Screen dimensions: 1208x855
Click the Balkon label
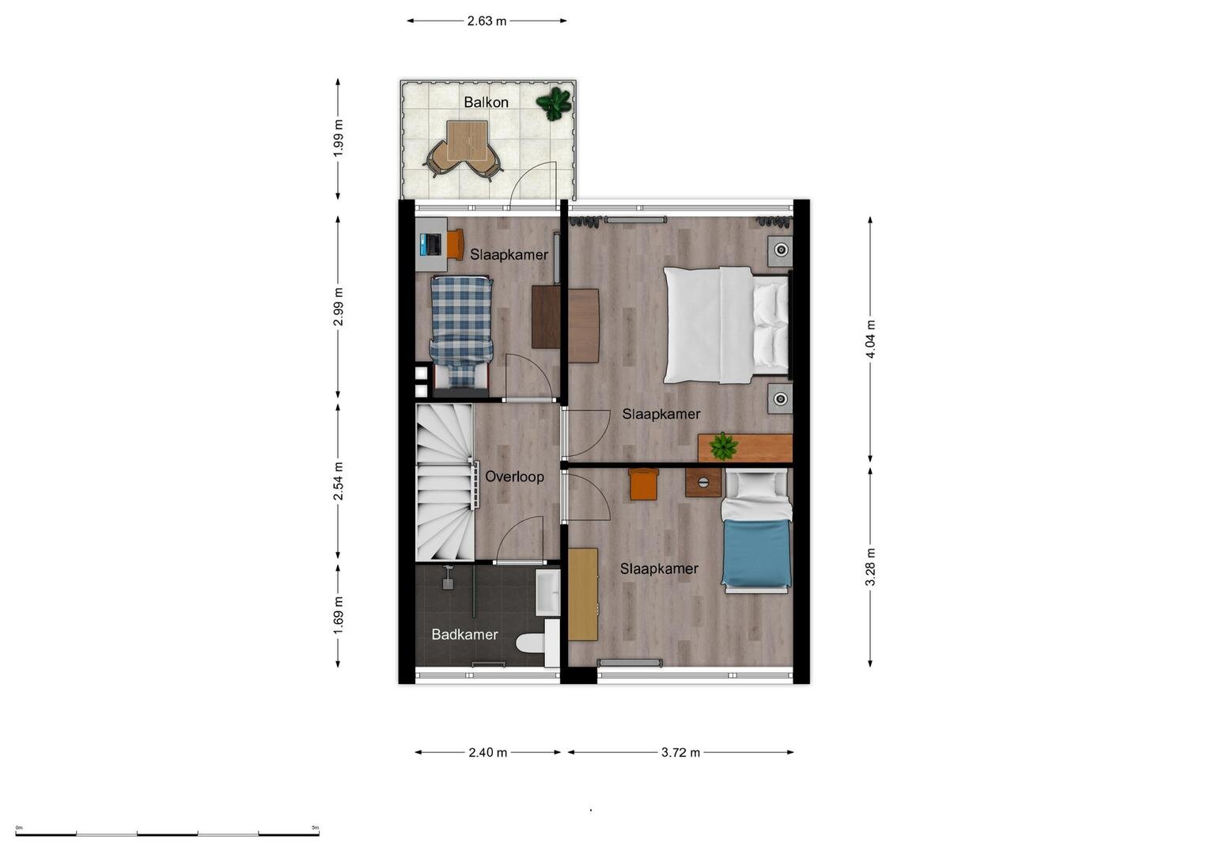point(486,102)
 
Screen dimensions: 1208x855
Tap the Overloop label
point(514,477)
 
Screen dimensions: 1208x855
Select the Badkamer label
point(464,634)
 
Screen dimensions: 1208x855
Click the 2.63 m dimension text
point(487,21)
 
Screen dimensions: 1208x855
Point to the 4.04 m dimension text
point(870,339)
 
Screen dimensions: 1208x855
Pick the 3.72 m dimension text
point(680,752)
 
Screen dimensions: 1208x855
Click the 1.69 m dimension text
point(338,617)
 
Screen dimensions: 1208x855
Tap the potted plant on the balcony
point(553,103)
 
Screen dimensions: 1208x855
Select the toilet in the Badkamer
point(536,643)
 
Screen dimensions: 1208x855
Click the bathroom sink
point(548,593)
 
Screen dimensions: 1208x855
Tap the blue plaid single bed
point(462,332)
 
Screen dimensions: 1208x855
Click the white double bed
point(727,325)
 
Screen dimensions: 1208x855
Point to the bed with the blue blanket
point(756,531)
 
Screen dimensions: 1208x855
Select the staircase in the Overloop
point(445,482)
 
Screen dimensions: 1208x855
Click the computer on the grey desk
point(431,244)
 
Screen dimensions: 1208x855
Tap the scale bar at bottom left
point(167,834)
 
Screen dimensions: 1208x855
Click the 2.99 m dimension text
point(338,307)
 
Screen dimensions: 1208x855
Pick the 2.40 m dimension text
point(487,752)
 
